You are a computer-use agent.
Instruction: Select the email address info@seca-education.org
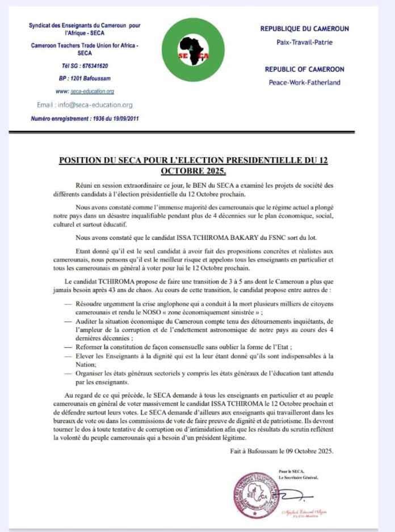click(x=85, y=105)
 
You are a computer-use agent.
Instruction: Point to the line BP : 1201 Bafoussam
click(x=85, y=79)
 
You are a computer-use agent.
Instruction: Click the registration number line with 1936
click(x=85, y=118)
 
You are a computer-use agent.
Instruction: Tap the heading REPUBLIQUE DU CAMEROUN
click(x=304, y=29)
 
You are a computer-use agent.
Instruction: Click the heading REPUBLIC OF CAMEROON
click(x=304, y=69)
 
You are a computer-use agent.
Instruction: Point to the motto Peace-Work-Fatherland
click(x=304, y=82)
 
